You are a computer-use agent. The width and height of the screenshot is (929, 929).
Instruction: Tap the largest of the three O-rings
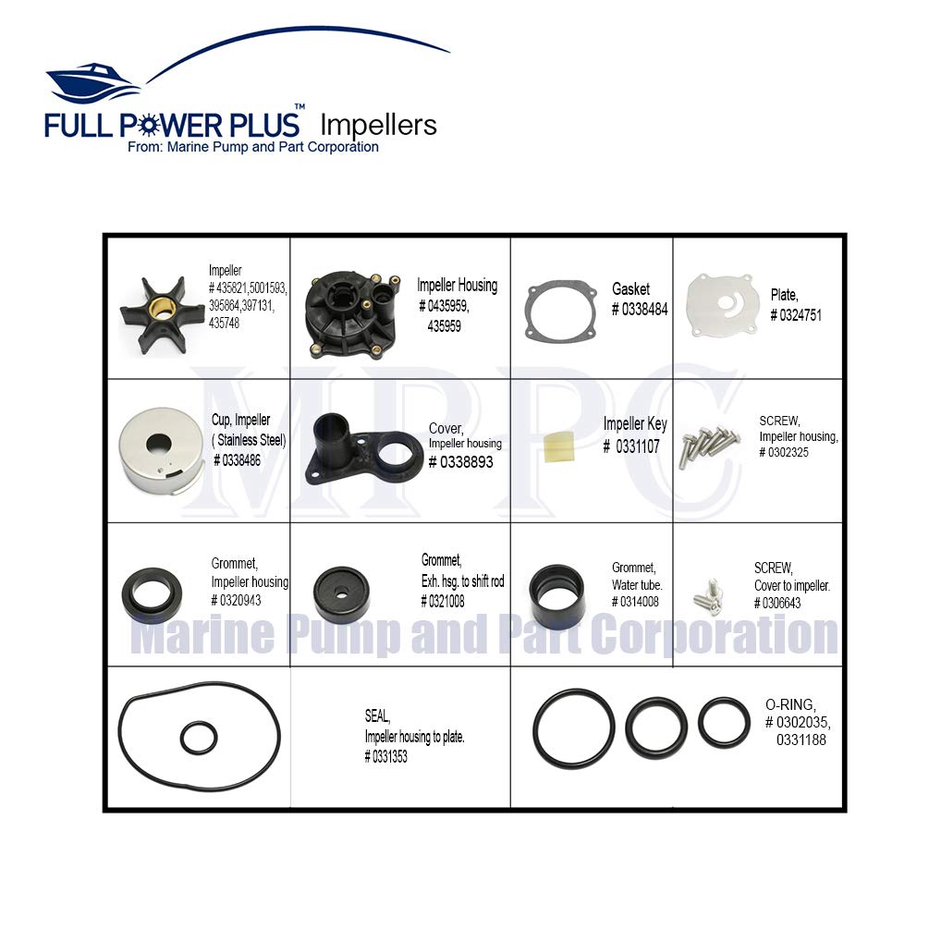point(573,727)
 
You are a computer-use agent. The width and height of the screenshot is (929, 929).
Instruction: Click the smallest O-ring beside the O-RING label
point(724,722)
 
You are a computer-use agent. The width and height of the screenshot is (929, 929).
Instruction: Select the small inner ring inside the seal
point(198,737)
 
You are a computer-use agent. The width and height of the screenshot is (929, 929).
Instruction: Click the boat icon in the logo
point(92,83)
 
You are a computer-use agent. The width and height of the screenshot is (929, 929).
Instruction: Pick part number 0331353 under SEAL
point(385,757)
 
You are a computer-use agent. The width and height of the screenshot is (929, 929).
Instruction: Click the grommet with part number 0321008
point(342,593)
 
